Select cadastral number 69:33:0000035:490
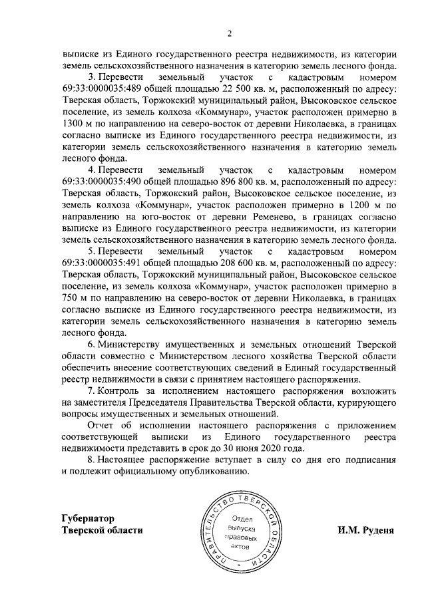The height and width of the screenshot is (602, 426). pos(101,182)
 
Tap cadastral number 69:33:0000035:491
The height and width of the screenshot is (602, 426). pos(101,263)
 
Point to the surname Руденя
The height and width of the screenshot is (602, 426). pos(377,530)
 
